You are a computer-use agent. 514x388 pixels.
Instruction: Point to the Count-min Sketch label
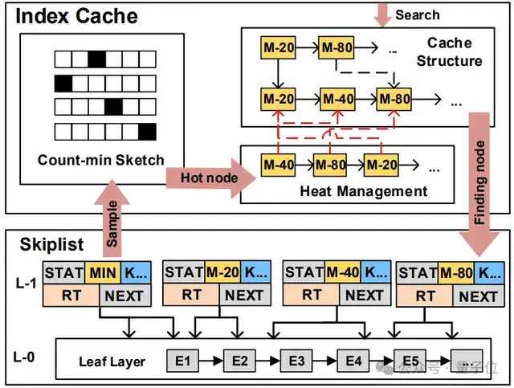pyautogui.click(x=100, y=160)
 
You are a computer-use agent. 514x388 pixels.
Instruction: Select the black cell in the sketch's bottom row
pyautogui.click(x=146, y=130)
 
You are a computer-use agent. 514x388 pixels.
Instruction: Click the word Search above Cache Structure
pyautogui.click(x=417, y=14)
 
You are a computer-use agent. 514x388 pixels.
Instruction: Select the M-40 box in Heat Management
pyautogui.click(x=279, y=165)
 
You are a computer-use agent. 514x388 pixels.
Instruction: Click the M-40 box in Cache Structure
pyautogui.click(x=338, y=100)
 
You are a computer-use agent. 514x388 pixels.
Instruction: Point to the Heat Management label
pyautogui.click(x=363, y=191)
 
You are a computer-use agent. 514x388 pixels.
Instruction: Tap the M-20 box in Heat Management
pyautogui.click(x=380, y=165)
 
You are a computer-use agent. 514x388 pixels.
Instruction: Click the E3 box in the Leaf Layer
pyautogui.click(x=296, y=361)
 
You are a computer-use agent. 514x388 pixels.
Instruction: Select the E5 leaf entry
pyautogui.click(x=410, y=361)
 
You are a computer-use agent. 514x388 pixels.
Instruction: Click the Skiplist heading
pyautogui.click(x=42, y=243)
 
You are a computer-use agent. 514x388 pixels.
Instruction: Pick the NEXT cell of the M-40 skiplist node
pyautogui.click(x=365, y=296)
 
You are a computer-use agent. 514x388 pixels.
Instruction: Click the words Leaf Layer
pyautogui.click(x=112, y=361)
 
